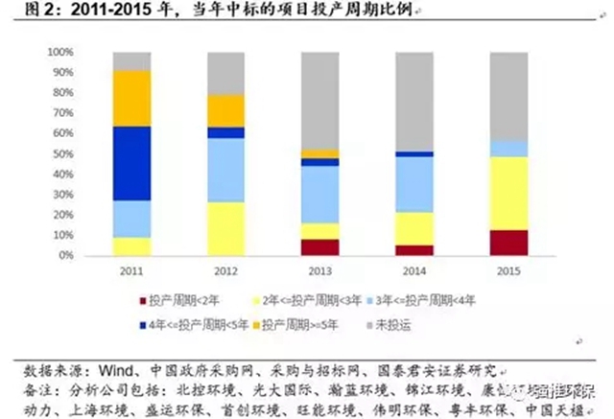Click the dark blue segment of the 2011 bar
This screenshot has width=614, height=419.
coord(131,163)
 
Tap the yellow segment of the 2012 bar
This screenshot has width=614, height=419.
coord(225,228)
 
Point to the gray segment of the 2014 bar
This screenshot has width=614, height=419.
coord(413,101)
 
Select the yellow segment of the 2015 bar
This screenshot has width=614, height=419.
coord(508,193)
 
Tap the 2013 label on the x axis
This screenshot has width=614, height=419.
coord(319,271)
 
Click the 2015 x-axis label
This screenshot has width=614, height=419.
coord(508,271)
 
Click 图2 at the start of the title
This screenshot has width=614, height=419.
coord(23,12)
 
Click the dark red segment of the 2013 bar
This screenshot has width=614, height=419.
coord(319,247)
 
